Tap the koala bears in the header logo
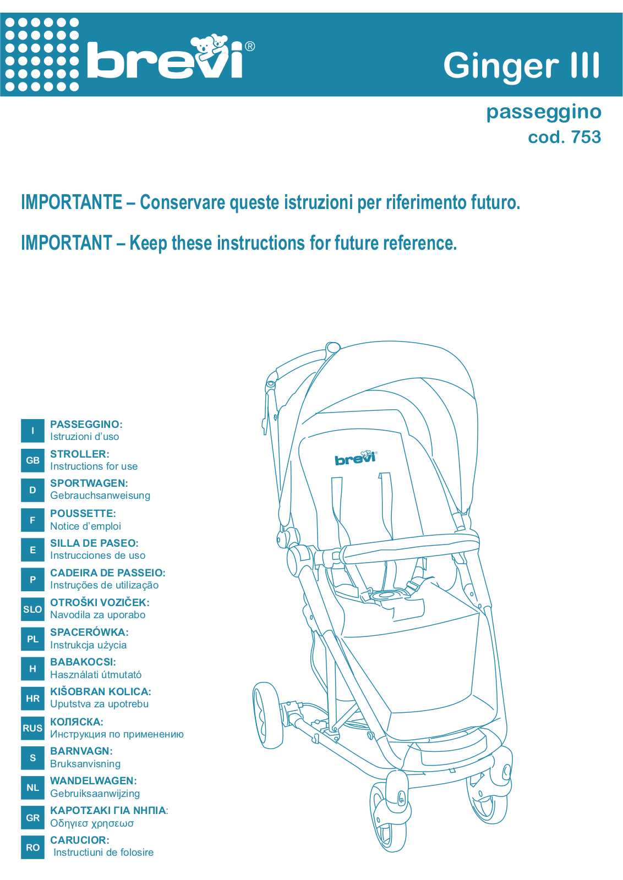click(210, 46)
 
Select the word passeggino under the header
click(544, 113)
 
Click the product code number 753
click(586, 137)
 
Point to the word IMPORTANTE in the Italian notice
click(72, 202)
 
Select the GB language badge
click(32, 460)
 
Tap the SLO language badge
click(32, 609)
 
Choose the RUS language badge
click(32, 728)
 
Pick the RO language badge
click(32, 848)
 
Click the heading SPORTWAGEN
click(89, 483)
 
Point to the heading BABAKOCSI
click(83, 662)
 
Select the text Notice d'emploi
click(85, 526)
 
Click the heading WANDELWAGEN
click(94, 781)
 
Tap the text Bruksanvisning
click(85, 764)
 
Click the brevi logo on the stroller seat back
click(356, 459)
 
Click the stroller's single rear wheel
click(267, 716)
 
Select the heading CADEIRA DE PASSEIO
click(108, 573)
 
